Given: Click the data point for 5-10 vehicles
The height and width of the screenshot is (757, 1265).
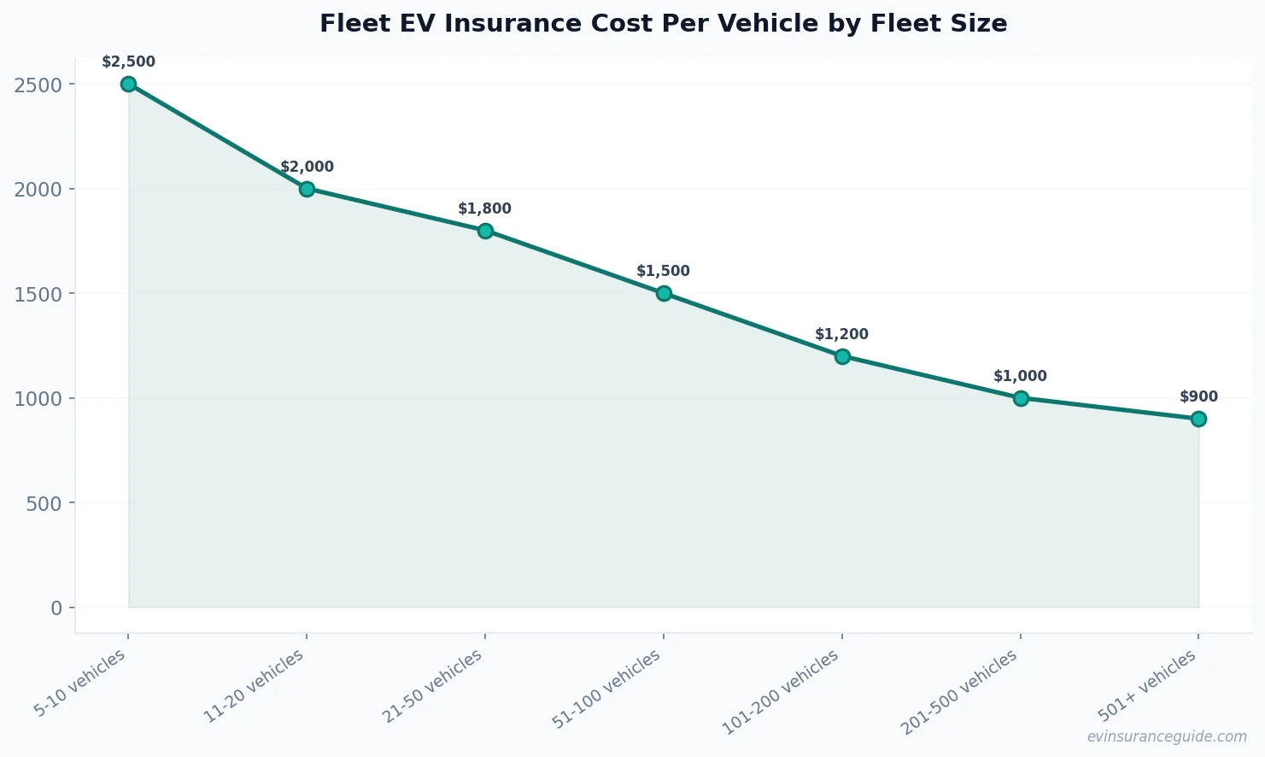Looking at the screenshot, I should [x=128, y=84].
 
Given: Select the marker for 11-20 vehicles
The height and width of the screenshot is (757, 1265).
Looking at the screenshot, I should [x=307, y=189].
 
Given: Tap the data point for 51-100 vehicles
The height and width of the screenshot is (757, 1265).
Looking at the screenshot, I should [x=664, y=293].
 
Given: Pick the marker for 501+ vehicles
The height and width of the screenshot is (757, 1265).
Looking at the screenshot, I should [x=1198, y=419].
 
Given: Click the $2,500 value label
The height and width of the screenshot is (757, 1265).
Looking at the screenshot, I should [x=128, y=62].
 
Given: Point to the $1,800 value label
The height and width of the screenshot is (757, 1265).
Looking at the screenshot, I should [x=484, y=208].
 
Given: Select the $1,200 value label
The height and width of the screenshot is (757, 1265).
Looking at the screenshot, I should [x=841, y=334].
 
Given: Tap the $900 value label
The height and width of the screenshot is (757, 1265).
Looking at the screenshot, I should [x=1198, y=396].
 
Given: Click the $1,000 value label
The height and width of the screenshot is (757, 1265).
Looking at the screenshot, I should [x=1020, y=376].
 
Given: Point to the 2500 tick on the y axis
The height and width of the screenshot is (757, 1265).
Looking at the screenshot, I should [x=38, y=85].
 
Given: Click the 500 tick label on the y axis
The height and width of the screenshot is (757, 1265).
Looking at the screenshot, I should [x=44, y=503].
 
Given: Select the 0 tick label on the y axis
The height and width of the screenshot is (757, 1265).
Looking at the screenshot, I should [x=56, y=608].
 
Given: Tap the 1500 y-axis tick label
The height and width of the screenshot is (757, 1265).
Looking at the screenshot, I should [x=38, y=294].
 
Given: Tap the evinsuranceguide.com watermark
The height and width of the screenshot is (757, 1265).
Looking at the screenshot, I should [x=1167, y=736].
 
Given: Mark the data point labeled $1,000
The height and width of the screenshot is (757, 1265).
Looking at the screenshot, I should [x=1020, y=398].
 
